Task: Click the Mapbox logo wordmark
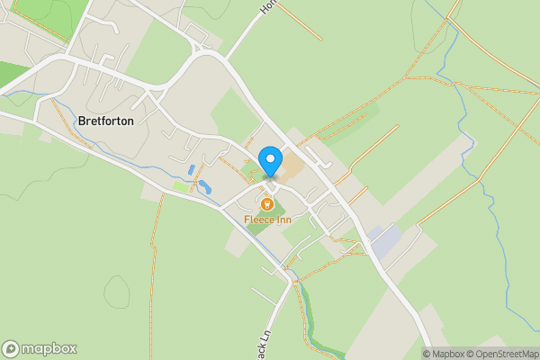(49, 348)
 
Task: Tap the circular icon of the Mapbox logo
(11, 348)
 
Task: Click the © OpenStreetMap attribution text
(500, 353)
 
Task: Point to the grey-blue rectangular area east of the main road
(386, 240)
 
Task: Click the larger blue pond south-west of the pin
(204, 187)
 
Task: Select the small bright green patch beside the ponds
(181, 187)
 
